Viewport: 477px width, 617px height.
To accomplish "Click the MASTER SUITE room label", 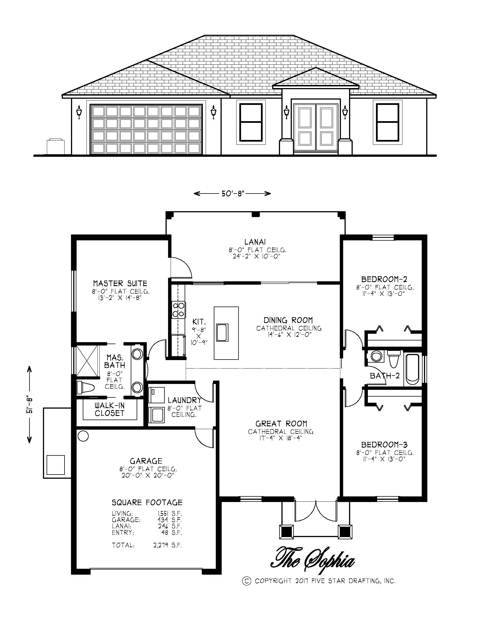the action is coord(120,283).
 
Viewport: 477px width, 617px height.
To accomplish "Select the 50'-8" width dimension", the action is coord(232,194).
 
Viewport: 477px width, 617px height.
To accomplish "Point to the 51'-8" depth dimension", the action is coord(29,404).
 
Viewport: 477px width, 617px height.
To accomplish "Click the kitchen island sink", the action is coord(223,333).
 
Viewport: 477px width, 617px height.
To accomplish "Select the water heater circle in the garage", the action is coord(83,436).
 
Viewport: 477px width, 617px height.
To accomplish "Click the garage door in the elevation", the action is coord(146,129).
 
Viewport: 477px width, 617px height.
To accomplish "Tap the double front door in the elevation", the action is coord(316,127).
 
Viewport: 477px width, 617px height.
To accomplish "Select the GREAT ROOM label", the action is coord(281,424).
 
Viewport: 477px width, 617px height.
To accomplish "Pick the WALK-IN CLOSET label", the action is coord(110,409).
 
